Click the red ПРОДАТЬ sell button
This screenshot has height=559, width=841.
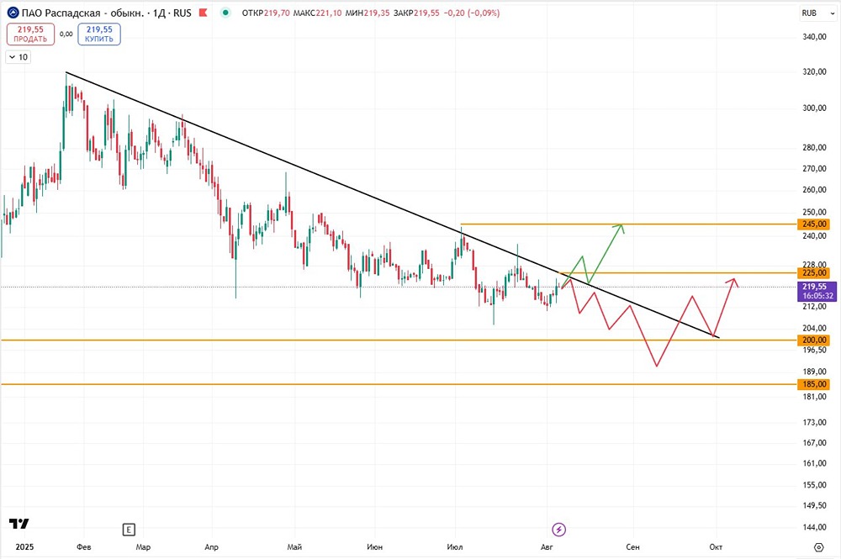30,34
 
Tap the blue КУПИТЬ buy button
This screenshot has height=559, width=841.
99,34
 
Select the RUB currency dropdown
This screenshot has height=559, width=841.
817,13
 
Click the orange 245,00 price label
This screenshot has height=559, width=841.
814,224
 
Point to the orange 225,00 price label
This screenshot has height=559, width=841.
814,273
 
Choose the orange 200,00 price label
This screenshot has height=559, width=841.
814,340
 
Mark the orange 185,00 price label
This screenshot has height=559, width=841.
814,384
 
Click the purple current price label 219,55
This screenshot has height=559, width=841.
817,291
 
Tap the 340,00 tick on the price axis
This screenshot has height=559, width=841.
814,37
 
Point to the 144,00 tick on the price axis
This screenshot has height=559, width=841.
814,527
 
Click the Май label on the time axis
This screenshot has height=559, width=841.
294,546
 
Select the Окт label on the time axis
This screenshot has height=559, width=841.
716,546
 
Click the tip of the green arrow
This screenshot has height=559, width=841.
622,224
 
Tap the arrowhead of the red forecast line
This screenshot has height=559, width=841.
734,279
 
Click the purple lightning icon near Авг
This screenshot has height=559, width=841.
559,530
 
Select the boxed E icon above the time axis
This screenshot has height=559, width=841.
129,530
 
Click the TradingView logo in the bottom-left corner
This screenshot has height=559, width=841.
19,524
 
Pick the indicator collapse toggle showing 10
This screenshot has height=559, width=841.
19,57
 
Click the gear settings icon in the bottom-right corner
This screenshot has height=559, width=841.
818,547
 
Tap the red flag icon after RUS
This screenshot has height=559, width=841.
203,13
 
